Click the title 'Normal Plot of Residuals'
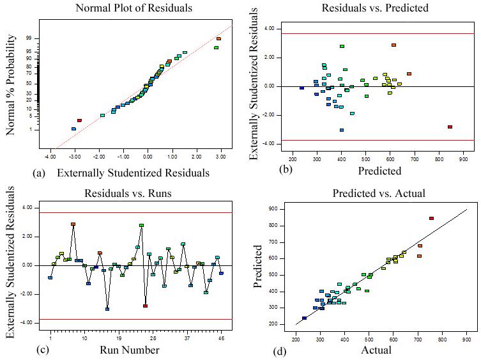(134, 8)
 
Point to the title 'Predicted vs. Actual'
(379, 193)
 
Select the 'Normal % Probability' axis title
(11, 85)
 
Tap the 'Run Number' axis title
(130, 350)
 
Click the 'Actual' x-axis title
(376, 350)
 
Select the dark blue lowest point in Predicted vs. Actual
(304, 318)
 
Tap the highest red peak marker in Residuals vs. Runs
(73, 224)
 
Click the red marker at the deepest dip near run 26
(145, 306)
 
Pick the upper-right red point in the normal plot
(218, 38)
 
